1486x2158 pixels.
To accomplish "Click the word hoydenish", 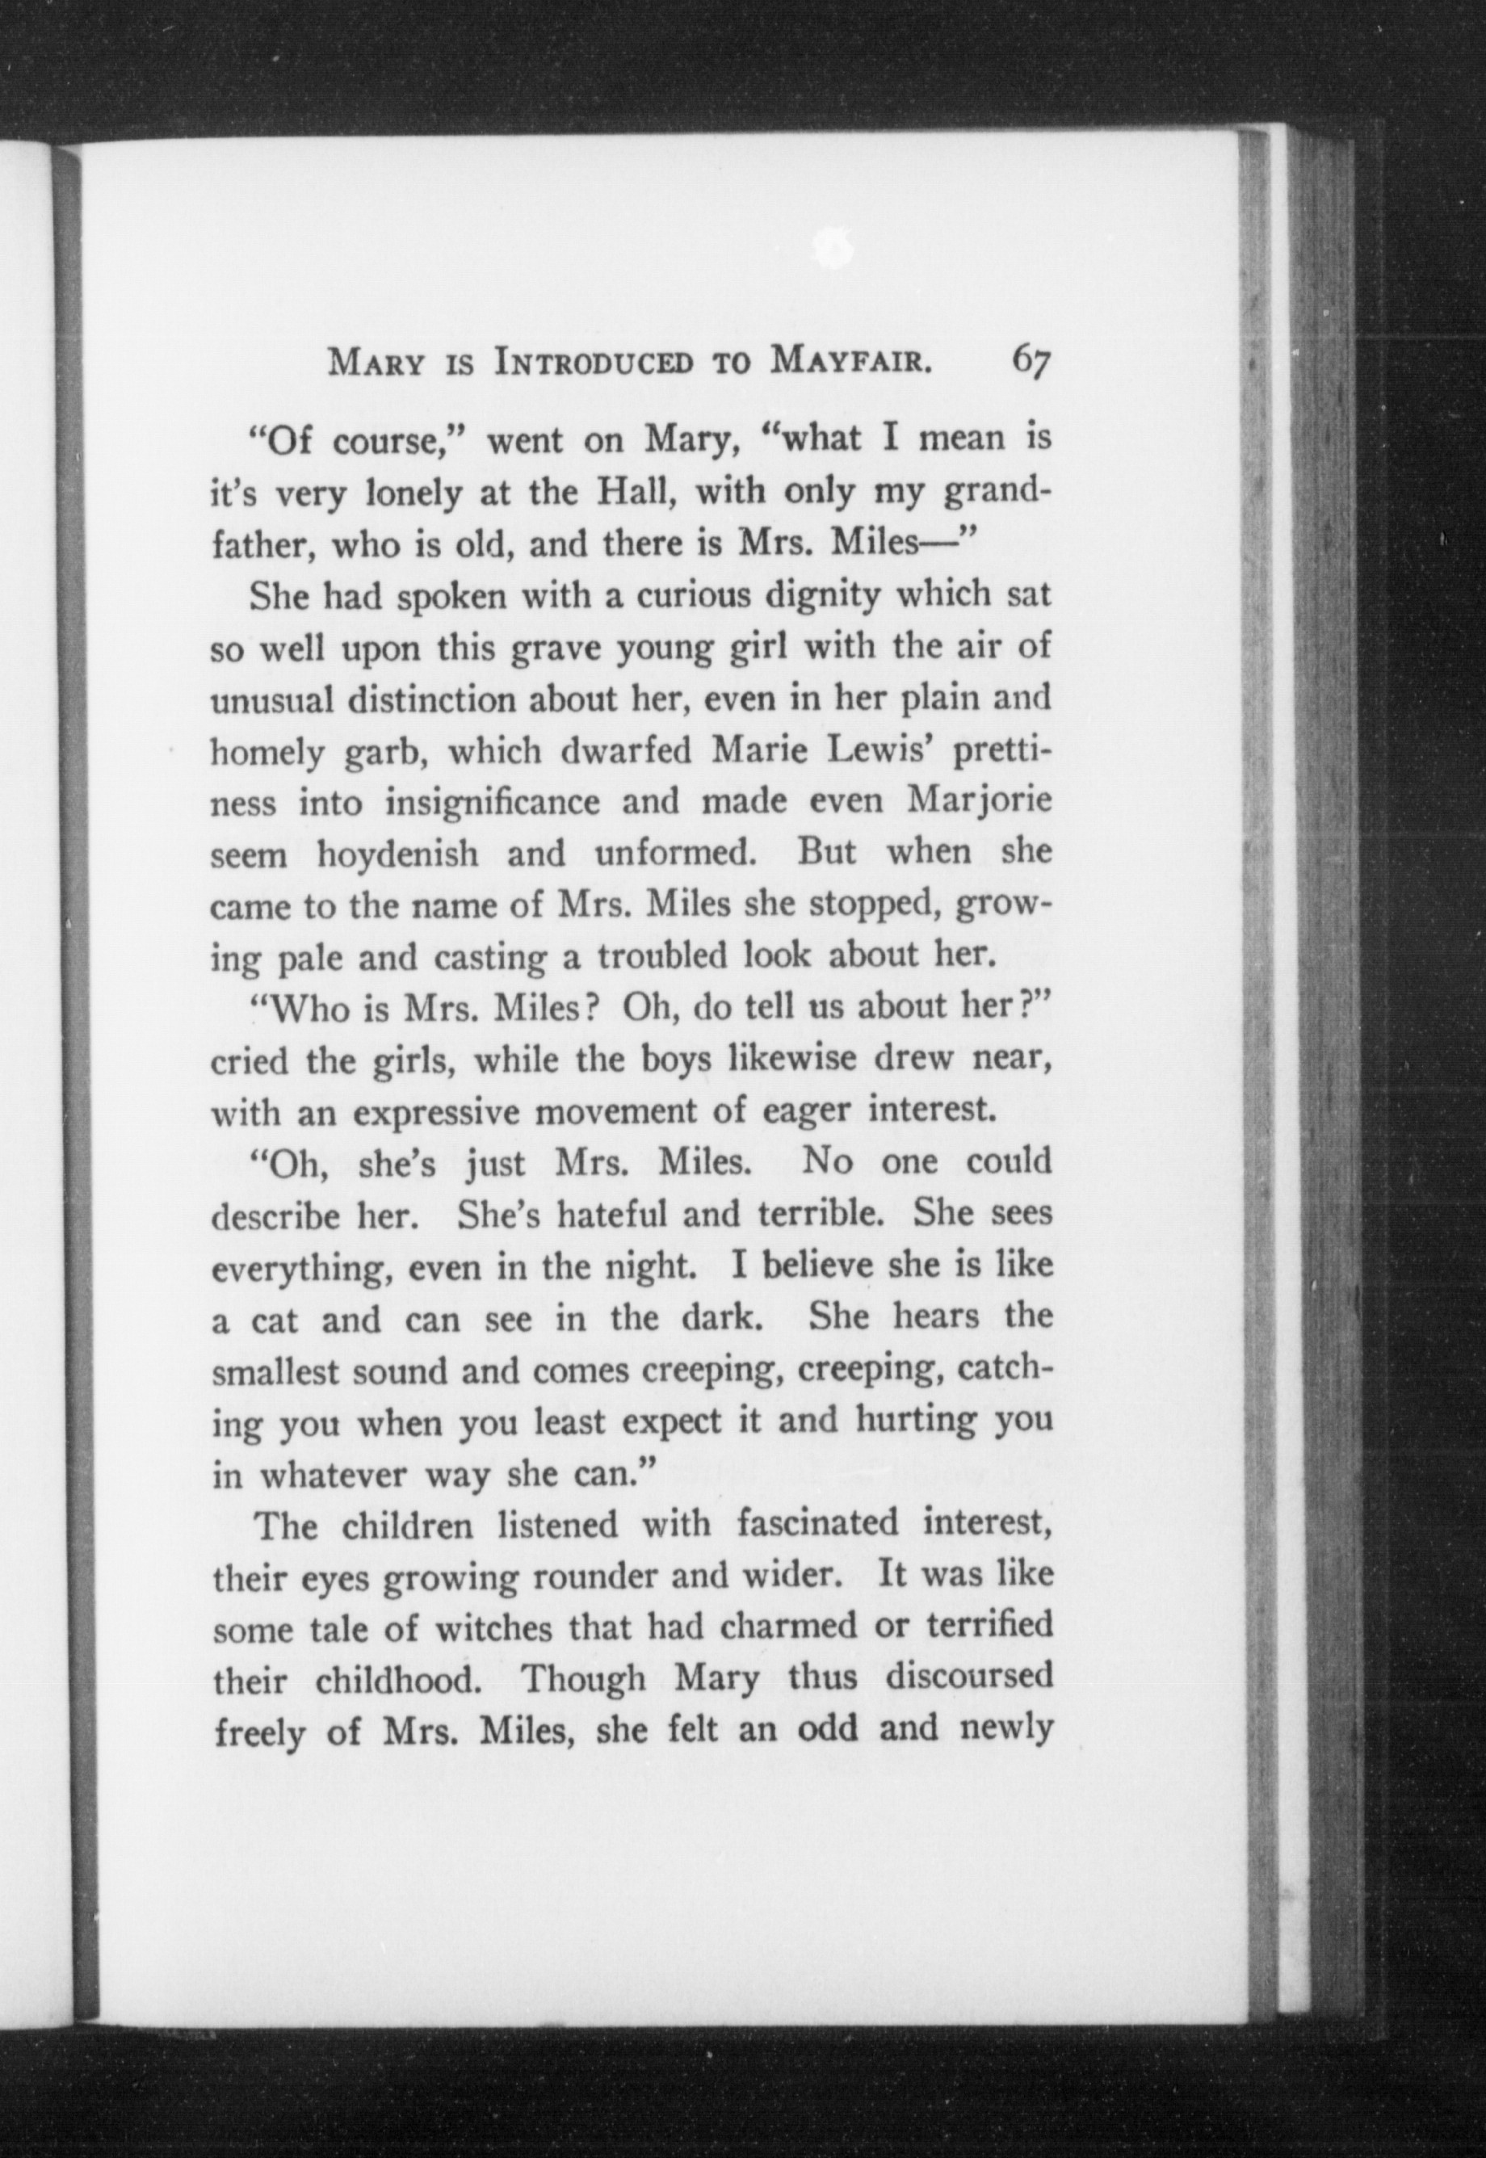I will point(397,854).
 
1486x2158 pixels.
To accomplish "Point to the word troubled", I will point(663,956).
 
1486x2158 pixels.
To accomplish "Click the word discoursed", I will point(968,1677).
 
